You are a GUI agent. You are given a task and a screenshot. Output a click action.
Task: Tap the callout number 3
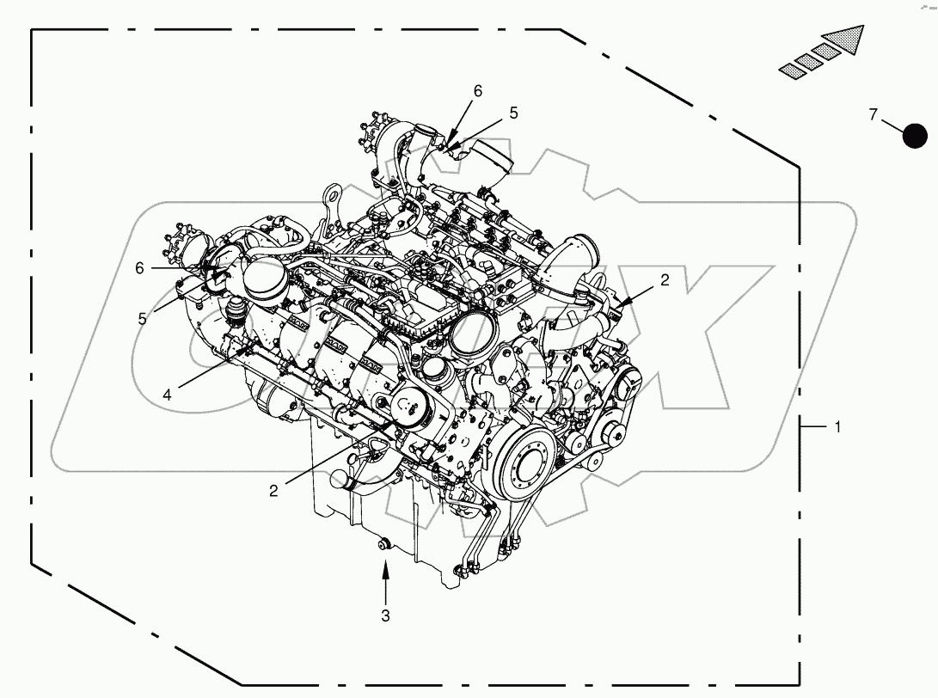[385, 615]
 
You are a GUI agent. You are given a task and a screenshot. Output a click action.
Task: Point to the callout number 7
[873, 114]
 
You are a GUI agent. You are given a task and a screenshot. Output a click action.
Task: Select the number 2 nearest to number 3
[273, 490]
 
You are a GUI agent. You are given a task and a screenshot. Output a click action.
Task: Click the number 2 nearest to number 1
[664, 279]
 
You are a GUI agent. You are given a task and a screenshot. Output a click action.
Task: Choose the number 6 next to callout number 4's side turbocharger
[139, 267]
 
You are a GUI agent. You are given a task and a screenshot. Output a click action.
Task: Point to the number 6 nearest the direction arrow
[478, 90]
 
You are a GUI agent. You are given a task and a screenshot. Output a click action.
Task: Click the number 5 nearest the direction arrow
[513, 113]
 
